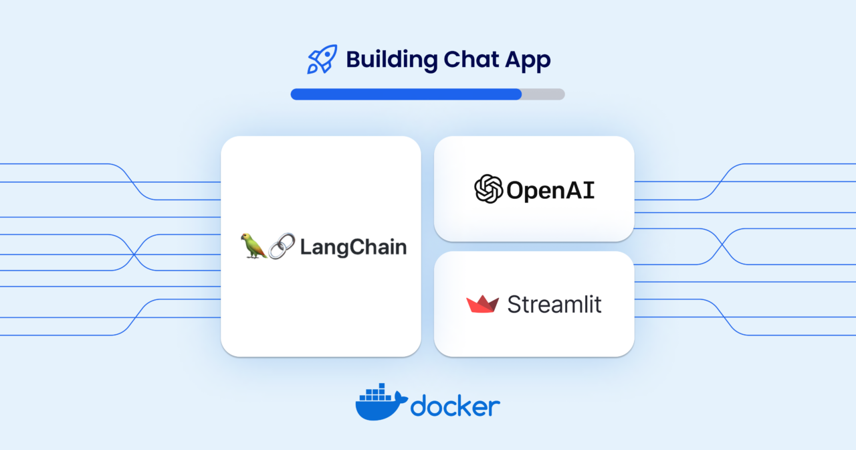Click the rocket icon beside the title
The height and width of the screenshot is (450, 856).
tap(322, 59)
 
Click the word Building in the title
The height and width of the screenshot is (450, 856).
tap(392, 60)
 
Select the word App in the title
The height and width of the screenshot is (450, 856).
tap(528, 61)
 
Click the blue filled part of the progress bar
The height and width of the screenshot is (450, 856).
tap(406, 94)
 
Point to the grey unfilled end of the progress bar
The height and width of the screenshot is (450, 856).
tap(544, 94)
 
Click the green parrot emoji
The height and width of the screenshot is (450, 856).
tap(253, 246)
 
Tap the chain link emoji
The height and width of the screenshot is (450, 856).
tap(282, 246)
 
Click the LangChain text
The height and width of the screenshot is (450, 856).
tap(354, 247)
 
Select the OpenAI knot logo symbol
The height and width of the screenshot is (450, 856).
tap(488, 189)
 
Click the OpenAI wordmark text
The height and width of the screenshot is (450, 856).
tap(550, 190)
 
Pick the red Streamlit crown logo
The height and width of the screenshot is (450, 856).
tap(482, 304)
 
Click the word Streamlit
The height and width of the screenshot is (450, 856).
tap(554, 304)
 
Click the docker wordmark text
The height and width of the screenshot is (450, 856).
tap(455, 406)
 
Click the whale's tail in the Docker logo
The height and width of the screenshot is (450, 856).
tap(401, 398)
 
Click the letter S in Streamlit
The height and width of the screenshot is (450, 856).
tap(514, 305)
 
